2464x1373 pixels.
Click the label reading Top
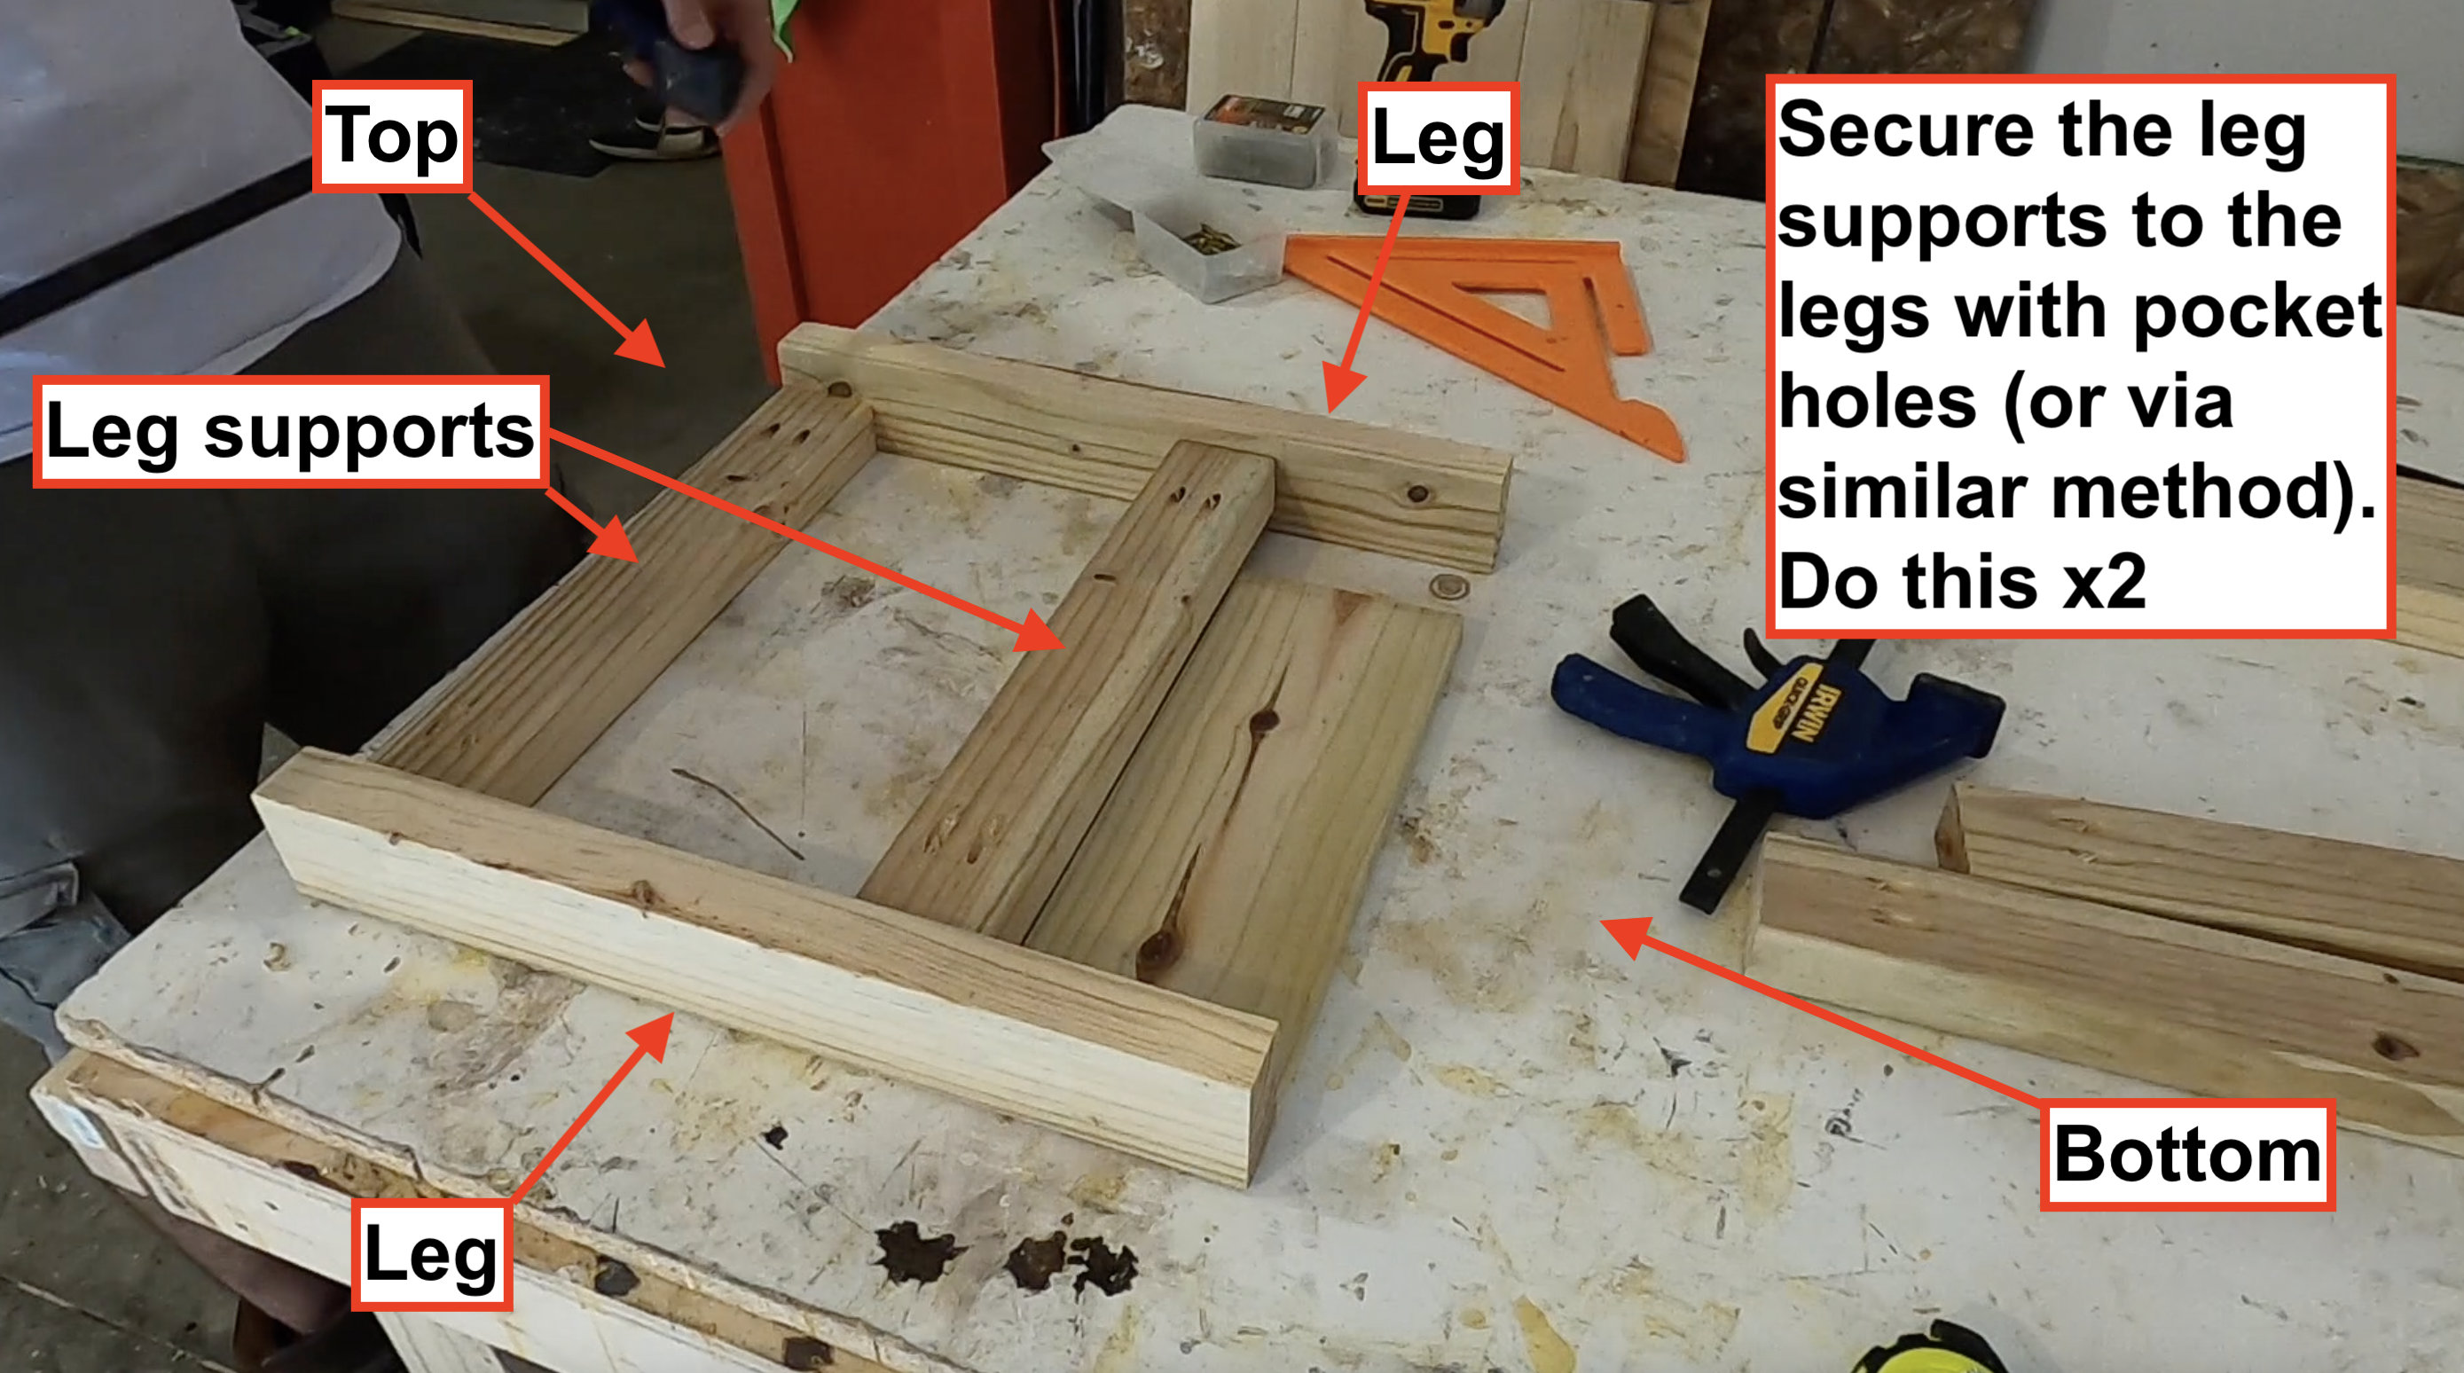392,136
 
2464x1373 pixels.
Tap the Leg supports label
290,432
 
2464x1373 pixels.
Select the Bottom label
2186,1155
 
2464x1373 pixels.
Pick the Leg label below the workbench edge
431,1254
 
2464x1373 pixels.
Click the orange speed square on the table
1492,316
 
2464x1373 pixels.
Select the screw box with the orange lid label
1263,138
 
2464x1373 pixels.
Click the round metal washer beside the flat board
1449,585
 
